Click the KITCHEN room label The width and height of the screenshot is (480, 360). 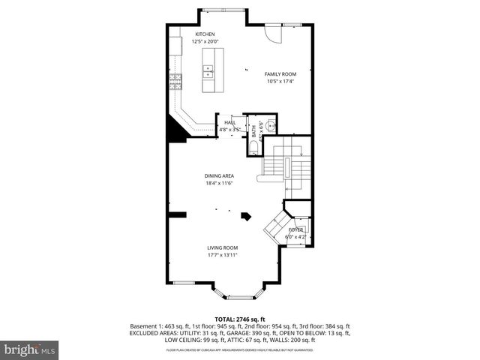[x=205, y=34]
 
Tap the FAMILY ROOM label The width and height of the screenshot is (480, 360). [x=281, y=73]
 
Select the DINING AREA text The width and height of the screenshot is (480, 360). [x=219, y=175]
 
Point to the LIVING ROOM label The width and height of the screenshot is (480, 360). [x=223, y=247]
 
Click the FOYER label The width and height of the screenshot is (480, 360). [x=295, y=229]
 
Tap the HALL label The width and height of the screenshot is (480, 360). [x=229, y=121]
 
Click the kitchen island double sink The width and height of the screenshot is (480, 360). [x=208, y=71]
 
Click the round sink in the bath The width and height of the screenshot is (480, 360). [x=271, y=124]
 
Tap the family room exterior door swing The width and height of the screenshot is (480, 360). [x=272, y=34]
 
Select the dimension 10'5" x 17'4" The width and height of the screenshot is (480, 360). [x=281, y=82]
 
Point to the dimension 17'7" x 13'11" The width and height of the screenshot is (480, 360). [x=223, y=256]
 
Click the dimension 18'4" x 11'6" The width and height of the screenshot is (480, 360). [x=219, y=184]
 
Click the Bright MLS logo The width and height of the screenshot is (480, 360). [x=30, y=349]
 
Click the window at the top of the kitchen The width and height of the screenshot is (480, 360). [x=222, y=9]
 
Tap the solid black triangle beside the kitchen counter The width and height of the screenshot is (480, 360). [x=176, y=133]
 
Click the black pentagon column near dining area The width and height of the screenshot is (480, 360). [x=245, y=216]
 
